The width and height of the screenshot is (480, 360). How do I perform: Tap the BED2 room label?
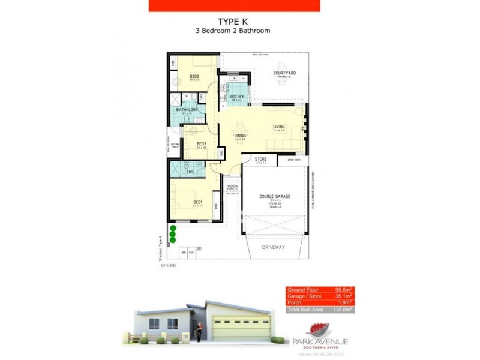(x=194, y=76)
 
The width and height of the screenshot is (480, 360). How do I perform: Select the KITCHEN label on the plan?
(x=236, y=97)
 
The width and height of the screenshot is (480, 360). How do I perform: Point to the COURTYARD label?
(x=284, y=73)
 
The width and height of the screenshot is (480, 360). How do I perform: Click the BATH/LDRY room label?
(x=187, y=110)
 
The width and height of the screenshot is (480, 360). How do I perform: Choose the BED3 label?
(x=202, y=143)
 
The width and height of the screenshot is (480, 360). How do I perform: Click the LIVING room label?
(x=279, y=127)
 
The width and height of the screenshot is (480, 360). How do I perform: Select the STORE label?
(x=260, y=159)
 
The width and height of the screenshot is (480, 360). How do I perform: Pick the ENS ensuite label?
(x=190, y=172)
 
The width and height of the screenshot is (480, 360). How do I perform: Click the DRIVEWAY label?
(x=275, y=247)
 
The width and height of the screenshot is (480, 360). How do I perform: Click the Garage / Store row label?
(x=305, y=297)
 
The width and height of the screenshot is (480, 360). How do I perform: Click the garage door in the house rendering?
(x=238, y=329)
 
